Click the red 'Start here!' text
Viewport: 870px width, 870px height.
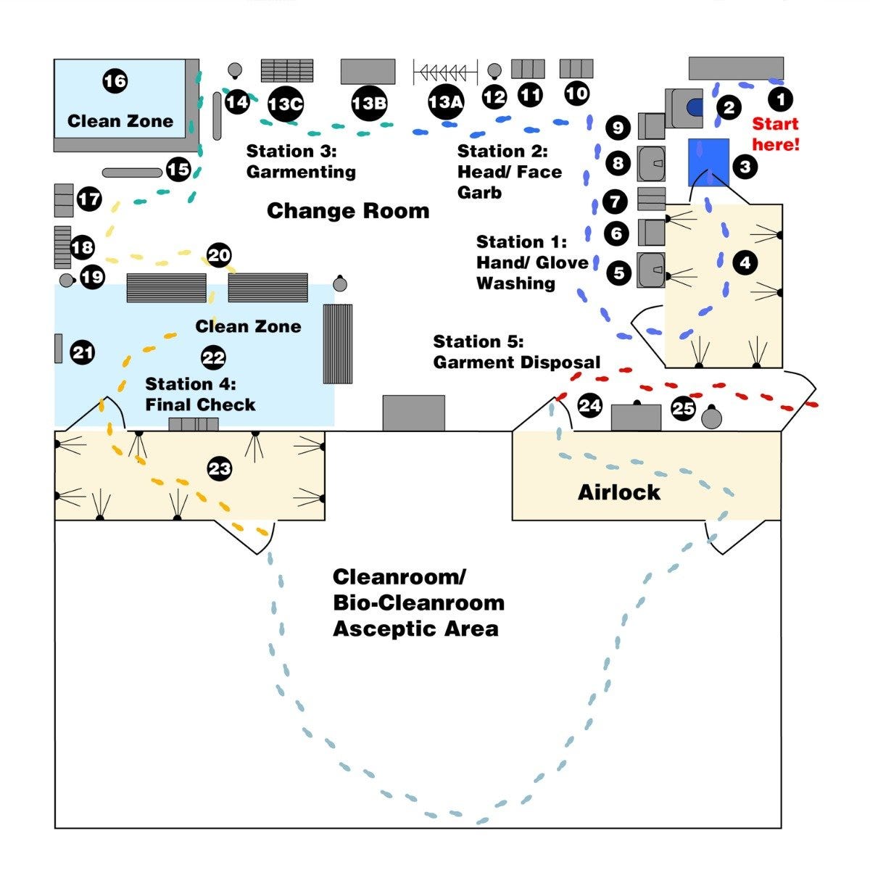click(x=775, y=134)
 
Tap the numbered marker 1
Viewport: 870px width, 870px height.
click(x=780, y=99)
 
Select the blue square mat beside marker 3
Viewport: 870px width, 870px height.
click(x=708, y=162)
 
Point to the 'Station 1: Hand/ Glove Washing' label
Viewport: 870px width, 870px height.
click(x=532, y=262)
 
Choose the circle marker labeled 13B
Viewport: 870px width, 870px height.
click(x=368, y=104)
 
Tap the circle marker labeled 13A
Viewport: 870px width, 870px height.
click(x=445, y=102)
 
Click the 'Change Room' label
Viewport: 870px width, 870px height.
click(x=348, y=211)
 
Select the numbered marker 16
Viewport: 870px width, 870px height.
click(x=115, y=80)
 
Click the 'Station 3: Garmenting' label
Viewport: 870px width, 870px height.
click(x=301, y=161)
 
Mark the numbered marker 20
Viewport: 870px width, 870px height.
click(x=219, y=255)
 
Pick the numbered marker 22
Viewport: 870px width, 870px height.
click(x=213, y=357)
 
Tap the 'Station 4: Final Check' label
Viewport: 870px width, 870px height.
click(x=200, y=394)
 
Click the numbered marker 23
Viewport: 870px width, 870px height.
click(x=219, y=468)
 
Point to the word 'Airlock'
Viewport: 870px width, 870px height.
click(x=619, y=492)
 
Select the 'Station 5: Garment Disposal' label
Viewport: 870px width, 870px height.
click(x=516, y=352)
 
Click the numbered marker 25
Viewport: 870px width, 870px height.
click(x=683, y=408)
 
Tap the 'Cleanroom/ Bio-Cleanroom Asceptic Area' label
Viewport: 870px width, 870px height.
click(x=418, y=602)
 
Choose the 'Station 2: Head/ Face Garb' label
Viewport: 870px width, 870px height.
click(x=509, y=172)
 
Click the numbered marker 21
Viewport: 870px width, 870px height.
click(x=83, y=353)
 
